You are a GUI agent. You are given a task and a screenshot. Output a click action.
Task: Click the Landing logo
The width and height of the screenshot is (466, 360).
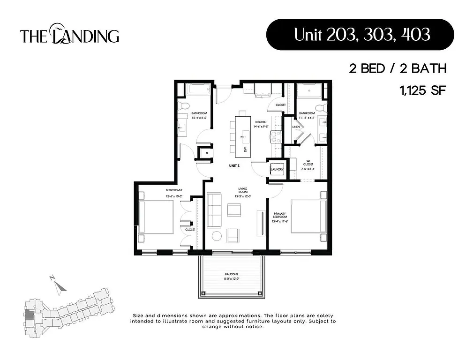click(69, 36)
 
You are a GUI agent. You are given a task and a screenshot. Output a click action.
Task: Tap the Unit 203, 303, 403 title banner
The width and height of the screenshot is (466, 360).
click(360, 35)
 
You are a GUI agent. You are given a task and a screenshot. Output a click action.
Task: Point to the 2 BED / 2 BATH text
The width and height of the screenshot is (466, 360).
click(397, 68)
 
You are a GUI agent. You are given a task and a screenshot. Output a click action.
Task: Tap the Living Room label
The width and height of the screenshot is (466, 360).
click(242, 191)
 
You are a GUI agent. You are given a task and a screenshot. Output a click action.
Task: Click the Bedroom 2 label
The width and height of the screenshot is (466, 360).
click(173, 193)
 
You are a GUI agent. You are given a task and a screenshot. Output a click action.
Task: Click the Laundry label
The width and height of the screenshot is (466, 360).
click(277, 170)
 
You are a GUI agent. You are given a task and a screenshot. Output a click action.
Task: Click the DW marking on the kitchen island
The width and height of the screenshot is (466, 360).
click(245, 149)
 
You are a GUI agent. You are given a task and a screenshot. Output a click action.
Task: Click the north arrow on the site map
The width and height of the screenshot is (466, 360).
click(57, 285)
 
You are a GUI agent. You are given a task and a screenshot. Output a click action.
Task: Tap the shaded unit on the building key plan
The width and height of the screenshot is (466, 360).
click(30, 317)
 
